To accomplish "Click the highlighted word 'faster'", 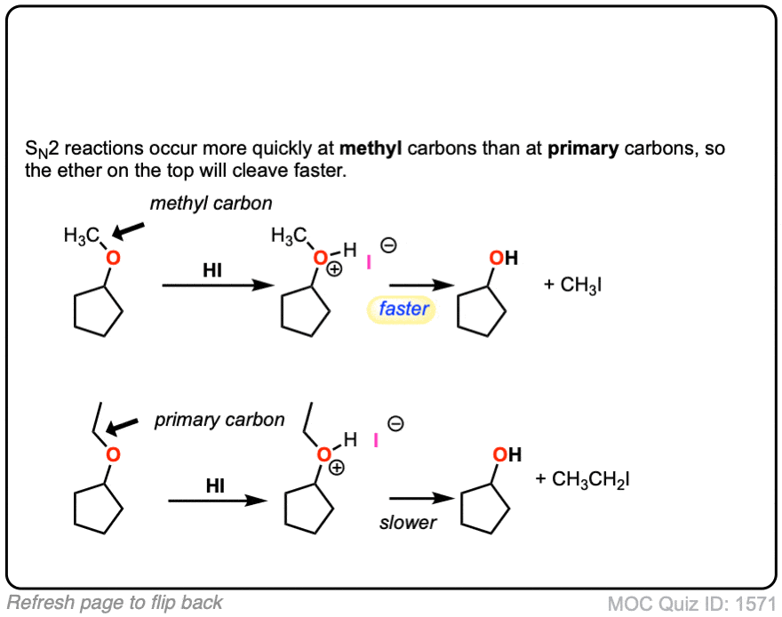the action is point(403,308).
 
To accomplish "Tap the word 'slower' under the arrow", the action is point(408,523).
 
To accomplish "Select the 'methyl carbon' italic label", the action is point(211,204).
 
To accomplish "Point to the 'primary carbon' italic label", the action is point(219,420).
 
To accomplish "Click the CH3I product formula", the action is point(573,284).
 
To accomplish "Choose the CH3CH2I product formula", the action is point(583,479).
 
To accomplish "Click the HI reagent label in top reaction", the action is point(212,270).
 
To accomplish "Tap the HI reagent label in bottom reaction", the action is point(215,485).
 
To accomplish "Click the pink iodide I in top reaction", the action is point(369,262).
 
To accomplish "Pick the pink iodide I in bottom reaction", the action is point(376,440).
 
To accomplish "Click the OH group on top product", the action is point(504,258).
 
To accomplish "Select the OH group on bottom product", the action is point(507,454).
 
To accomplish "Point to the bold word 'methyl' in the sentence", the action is point(371,148).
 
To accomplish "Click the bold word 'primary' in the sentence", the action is point(583,148).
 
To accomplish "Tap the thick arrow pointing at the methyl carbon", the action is point(128,230).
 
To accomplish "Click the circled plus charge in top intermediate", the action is point(335,269).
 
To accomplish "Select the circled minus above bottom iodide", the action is point(395,423).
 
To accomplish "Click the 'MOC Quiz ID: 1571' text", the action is point(691,604).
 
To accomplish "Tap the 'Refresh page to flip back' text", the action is point(115,603).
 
